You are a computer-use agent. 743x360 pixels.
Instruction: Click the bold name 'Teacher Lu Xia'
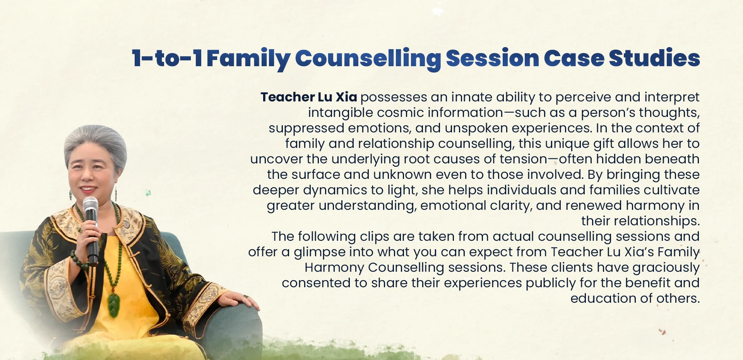click(x=308, y=97)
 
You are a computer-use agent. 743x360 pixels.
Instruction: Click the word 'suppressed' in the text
click(x=306, y=128)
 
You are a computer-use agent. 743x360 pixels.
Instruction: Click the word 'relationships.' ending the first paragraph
click(x=640, y=221)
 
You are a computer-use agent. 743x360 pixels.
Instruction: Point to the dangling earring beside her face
click(x=115, y=192)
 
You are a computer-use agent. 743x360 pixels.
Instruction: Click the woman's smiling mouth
click(x=88, y=189)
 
